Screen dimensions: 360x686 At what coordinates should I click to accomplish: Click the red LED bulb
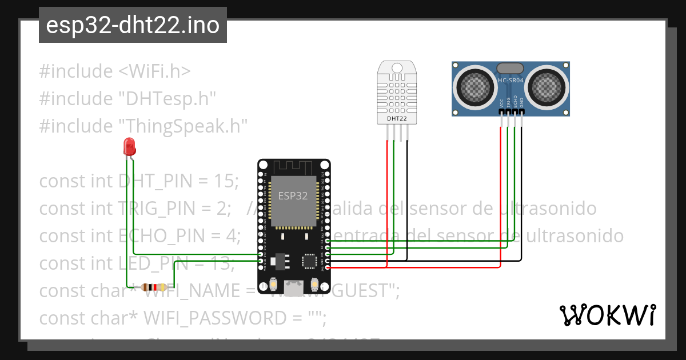pos(130,147)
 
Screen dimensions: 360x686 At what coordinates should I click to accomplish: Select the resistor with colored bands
pos(153,287)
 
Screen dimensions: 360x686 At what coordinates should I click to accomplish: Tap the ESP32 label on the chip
pos(293,195)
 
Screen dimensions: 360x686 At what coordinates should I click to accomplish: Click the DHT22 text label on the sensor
pos(397,119)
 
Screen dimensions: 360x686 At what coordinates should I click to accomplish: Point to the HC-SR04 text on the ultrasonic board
pos(511,81)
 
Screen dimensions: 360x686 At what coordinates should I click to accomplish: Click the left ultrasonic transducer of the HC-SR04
pos(474,87)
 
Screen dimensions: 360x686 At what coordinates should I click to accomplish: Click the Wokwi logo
pos(607,315)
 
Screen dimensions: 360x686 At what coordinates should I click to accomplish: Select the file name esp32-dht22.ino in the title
pos(133,26)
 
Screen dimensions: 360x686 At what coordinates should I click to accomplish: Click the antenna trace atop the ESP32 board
pos(293,167)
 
